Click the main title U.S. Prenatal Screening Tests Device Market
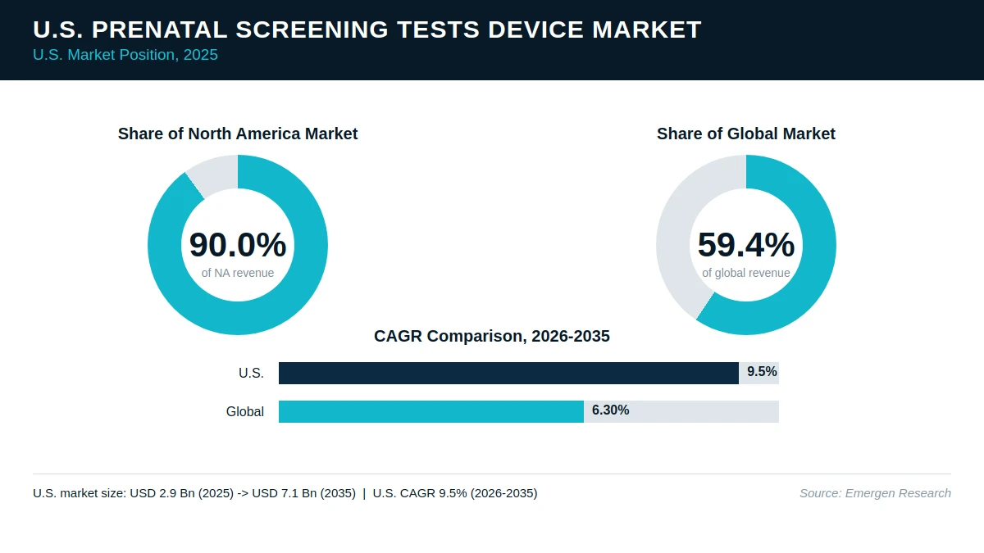pos(367,29)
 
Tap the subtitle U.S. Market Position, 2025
pos(125,55)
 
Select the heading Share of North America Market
pos(238,134)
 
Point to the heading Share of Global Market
pos(746,134)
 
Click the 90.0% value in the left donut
pos(238,244)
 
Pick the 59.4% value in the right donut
pos(746,244)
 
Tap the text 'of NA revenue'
pos(238,273)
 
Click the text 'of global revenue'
pos(746,273)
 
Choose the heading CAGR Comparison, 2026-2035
pos(491,336)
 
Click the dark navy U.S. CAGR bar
pos(508,373)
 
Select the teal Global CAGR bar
pos(431,411)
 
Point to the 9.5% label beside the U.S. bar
pos(762,372)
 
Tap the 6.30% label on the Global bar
pos(611,410)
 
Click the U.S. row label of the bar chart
pos(251,373)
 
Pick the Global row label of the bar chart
pos(245,411)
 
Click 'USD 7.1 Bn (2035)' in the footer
pos(304,493)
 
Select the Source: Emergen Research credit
pos(875,493)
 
